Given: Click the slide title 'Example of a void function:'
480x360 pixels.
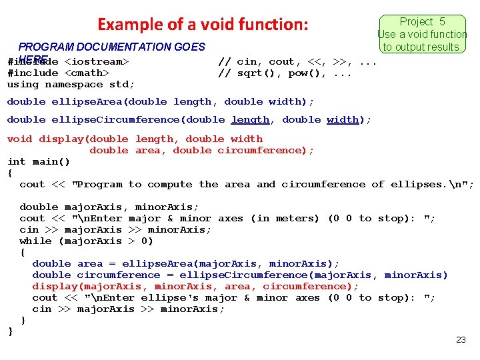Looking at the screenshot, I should click(x=203, y=25).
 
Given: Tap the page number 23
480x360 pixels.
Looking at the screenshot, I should click(x=461, y=340).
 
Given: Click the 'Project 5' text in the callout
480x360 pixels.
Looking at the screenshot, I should click(x=422, y=21).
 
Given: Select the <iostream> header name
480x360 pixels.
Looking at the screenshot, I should click(x=96, y=62).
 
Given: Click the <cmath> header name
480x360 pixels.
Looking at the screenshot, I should click(x=87, y=73).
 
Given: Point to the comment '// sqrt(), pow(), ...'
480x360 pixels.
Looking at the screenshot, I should click(x=285, y=73).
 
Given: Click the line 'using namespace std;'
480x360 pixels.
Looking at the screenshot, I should click(x=71, y=85).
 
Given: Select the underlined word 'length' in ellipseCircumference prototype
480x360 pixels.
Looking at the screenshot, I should click(x=250, y=120).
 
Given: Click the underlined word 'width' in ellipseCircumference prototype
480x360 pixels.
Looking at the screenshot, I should click(x=343, y=120).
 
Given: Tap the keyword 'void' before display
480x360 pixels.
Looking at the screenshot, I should click(x=19, y=139).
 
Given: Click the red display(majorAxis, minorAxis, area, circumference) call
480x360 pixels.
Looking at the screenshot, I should click(x=195, y=287).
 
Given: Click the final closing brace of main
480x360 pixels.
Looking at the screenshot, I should click(x=10, y=331).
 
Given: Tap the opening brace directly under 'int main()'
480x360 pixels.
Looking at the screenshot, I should click(x=10, y=173).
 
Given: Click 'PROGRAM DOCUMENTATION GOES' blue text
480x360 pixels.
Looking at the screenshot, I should click(x=111, y=47).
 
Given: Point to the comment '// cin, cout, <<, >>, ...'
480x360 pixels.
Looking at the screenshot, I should click(x=297, y=62).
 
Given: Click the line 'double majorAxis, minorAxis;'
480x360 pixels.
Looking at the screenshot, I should click(x=109, y=207).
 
